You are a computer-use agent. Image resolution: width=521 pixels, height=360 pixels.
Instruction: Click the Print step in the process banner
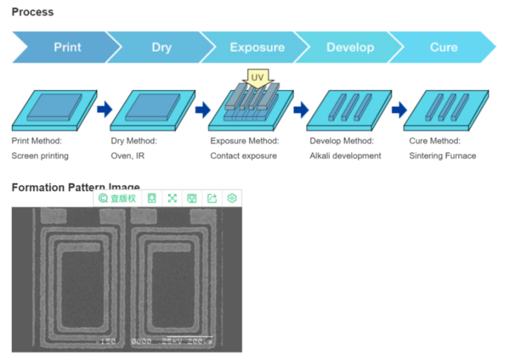tap(67, 48)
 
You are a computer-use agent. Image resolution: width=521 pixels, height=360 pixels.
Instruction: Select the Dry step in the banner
tap(162, 48)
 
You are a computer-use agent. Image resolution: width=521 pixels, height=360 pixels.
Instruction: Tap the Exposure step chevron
tap(257, 48)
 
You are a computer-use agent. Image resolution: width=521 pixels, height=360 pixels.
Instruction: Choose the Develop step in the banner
tap(350, 48)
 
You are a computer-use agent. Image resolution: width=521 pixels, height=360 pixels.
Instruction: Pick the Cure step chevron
tap(444, 48)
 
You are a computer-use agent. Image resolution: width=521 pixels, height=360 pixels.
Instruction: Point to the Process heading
tap(33, 12)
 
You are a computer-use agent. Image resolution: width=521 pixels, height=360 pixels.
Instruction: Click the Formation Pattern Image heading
tap(75, 187)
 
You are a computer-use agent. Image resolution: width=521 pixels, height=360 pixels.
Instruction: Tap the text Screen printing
tap(40, 156)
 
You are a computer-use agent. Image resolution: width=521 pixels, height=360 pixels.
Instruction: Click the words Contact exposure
tap(243, 156)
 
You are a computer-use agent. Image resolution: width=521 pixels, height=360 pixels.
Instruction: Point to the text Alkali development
tap(345, 156)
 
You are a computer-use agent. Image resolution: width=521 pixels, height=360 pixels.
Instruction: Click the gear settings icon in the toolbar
tap(231, 199)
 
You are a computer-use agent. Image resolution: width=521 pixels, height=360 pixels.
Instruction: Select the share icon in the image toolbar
tap(211, 199)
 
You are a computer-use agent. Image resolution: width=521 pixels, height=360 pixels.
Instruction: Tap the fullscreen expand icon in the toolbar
tap(172, 199)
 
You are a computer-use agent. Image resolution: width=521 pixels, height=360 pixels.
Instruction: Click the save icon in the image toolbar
tap(191, 199)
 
